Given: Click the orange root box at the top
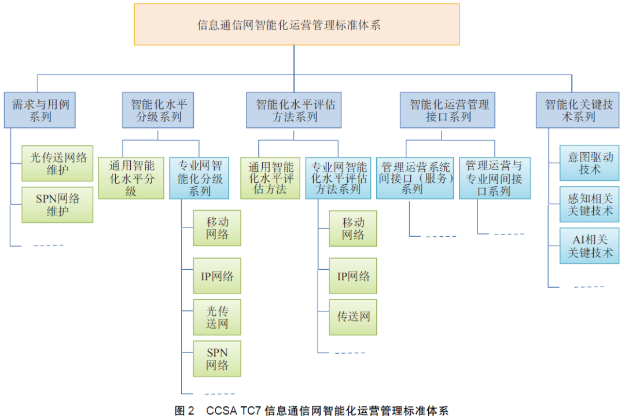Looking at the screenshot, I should point(296,24).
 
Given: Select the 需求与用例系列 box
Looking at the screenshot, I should point(40,110).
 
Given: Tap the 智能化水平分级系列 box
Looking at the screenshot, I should point(158,110).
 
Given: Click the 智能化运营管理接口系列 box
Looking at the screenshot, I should point(447,110).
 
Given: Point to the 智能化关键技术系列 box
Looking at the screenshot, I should point(578,110).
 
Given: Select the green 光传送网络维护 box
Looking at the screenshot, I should point(57,163).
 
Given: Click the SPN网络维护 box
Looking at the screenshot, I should point(57,204).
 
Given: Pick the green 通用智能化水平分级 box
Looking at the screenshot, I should point(131,178).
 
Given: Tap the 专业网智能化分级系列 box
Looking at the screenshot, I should point(200,178).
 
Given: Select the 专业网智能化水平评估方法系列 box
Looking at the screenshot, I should point(339,178).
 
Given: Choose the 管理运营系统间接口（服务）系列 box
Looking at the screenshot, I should point(415,178).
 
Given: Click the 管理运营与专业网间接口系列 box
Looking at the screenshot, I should point(495,178).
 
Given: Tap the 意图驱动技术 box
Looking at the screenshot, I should point(589,163).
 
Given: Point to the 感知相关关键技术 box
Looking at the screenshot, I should point(589,204).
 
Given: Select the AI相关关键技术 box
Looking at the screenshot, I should point(589,245).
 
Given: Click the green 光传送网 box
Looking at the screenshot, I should point(217,317).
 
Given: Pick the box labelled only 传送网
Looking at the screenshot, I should point(353,317).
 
